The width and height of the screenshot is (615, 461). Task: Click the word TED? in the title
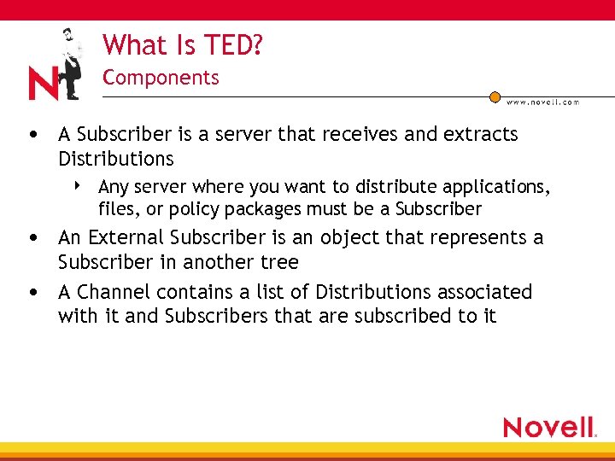(x=232, y=44)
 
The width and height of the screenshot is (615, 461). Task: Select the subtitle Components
(x=161, y=78)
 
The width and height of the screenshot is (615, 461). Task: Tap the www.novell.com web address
(x=542, y=102)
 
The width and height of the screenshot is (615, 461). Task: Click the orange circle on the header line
(x=495, y=96)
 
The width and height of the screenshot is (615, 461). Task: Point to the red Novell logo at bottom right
(x=549, y=427)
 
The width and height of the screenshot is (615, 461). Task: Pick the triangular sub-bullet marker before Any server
(x=78, y=184)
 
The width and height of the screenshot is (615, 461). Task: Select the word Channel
(x=112, y=292)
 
